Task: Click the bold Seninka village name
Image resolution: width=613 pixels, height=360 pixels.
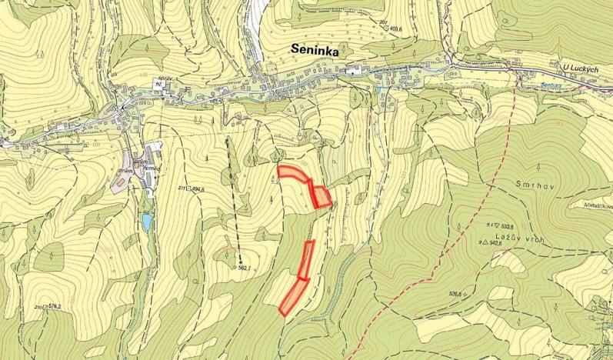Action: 316,48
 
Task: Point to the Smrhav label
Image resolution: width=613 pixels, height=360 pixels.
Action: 527,186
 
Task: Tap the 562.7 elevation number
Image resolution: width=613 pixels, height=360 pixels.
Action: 245,268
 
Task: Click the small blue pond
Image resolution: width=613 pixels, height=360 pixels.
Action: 146,222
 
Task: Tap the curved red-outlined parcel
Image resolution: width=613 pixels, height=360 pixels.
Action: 292,173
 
